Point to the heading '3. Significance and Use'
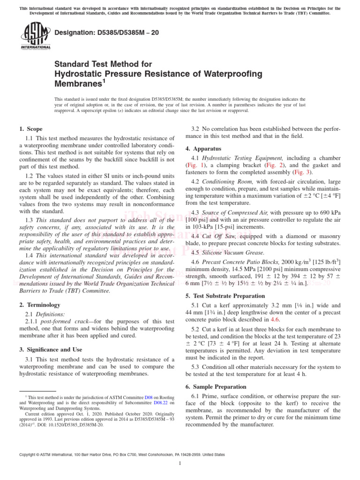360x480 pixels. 51,350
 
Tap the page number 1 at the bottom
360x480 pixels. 180,464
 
